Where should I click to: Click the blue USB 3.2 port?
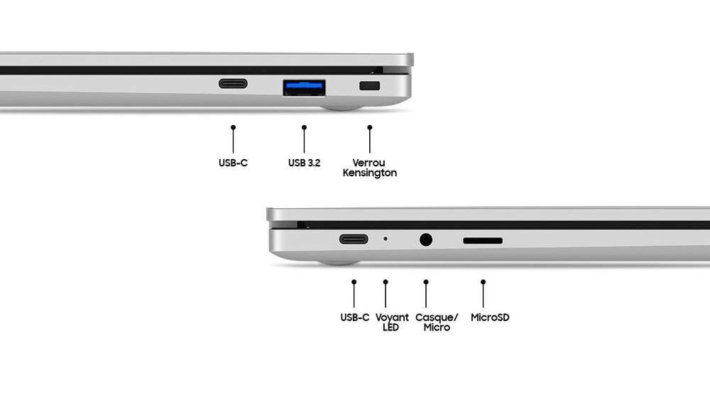coord(305,88)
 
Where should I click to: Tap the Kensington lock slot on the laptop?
coord(369,86)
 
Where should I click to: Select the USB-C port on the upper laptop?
coord(233,83)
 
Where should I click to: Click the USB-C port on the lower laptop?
coord(354,239)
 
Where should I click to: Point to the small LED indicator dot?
coord(386,239)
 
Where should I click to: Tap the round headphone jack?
coord(425,239)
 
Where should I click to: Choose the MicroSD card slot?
coord(483,241)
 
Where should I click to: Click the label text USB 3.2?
coord(305,163)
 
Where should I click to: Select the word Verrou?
coord(368,163)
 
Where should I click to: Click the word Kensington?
coord(369,173)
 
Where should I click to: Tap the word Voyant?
coord(392,318)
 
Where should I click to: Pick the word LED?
coord(390,328)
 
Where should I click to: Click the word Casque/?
coord(437,318)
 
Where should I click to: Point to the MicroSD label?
coord(490,318)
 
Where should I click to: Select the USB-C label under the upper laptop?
coord(233,163)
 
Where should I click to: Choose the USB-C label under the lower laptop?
coord(354,318)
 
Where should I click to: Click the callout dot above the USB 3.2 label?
coord(305,127)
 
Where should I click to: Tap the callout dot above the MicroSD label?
coord(483,282)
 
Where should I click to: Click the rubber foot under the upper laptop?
coord(342,108)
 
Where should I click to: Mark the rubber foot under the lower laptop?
coord(338,262)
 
